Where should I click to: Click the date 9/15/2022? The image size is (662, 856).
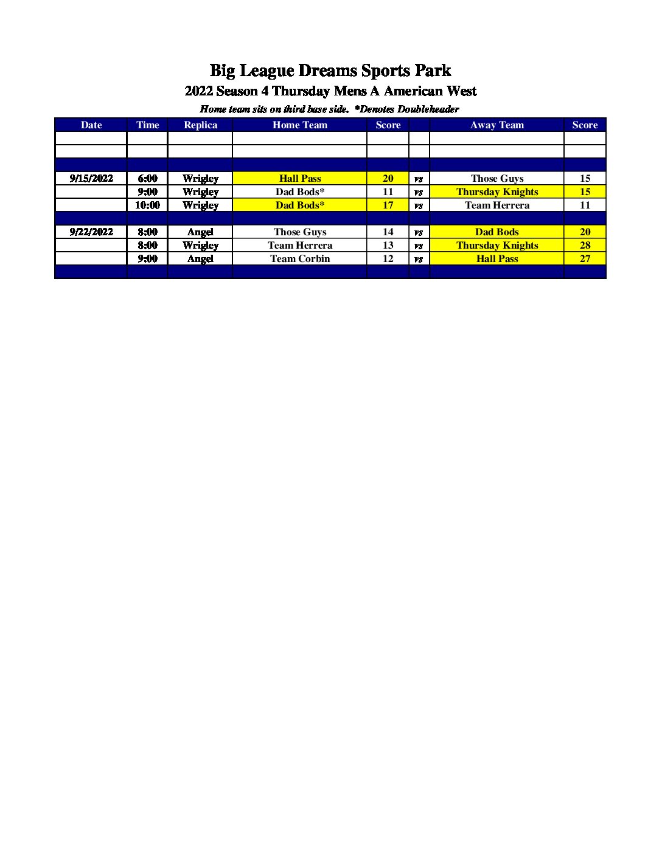click(x=91, y=178)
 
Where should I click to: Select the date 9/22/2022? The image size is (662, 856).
click(x=91, y=232)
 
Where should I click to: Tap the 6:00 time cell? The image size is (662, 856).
click(x=147, y=178)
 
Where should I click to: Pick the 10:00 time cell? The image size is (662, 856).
click(x=147, y=205)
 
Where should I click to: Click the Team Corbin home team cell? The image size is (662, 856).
click(x=300, y=258)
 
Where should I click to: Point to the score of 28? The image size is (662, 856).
click(x=585, y=245)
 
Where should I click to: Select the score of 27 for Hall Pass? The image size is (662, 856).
click(x=585, y=258)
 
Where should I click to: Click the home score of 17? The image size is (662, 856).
click(x=388, y=205)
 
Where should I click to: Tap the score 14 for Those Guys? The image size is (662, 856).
click(x=388, y=232)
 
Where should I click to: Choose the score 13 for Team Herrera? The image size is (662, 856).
click(x=388, y=245)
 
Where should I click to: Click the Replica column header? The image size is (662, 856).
click(x=200, y=125)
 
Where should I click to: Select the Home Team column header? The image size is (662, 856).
click(x=300, y=125)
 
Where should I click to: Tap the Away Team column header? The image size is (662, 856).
click(x=497, y=125)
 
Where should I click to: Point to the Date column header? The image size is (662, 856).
click(x=91, y=125)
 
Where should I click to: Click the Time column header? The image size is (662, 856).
click(x=147, y=125)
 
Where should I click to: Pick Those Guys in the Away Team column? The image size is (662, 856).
click(x=497, y=178)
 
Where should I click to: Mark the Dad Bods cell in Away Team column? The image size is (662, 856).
click(x=497, y=232)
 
